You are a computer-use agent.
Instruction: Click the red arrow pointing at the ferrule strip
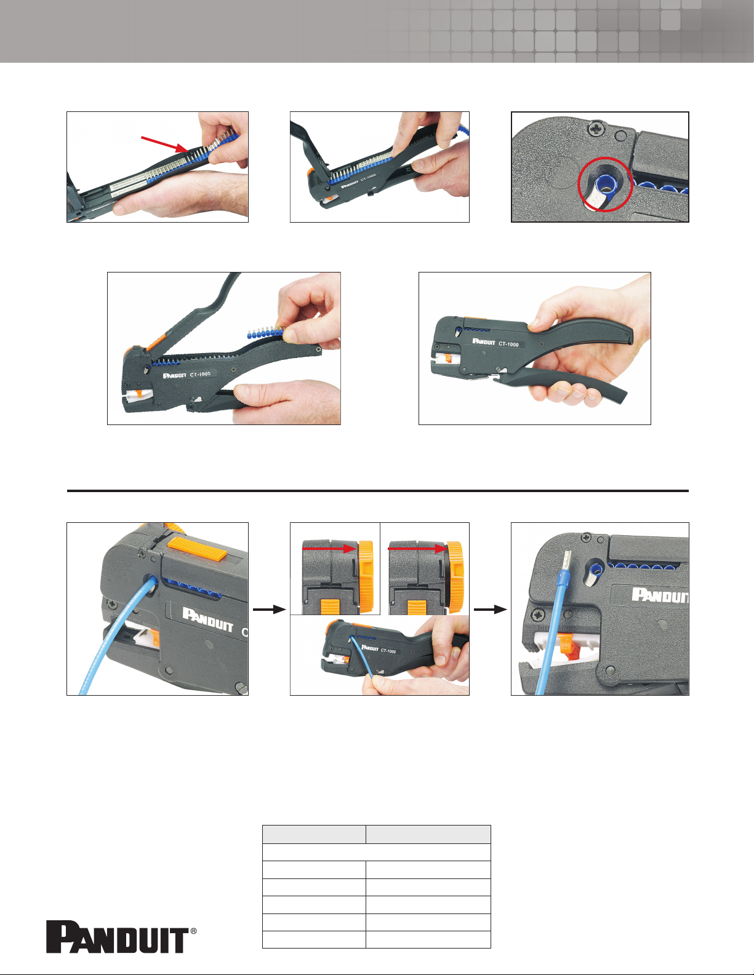pyautogui.click(x=164, y=144)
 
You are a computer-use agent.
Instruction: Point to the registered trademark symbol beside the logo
pyautogui.click(x=193, y=931)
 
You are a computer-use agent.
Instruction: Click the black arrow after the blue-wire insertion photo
pyautogui.click(x=270, y=609)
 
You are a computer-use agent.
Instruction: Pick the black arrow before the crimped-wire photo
pyautogui.click(x=490, y=609)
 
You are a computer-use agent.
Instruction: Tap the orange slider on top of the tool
pyautogui.click(x=197, y=549)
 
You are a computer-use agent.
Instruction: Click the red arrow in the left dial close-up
pyautogui.click(x=329, y=548)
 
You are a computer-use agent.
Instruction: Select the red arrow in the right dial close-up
pyautogui.click(x=416, y=548)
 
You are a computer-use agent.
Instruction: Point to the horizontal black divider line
pyautogui.click(x=377, y=491)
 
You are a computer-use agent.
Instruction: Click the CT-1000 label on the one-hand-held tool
pyautogui.click(x=508, y=344)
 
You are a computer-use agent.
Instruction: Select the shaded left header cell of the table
pyautogui.click(x=314, y=834)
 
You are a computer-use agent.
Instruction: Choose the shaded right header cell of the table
pyautogui.click(x=428, y=834)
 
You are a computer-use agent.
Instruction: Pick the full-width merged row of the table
pyautogui.click(x=377, y=852)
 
